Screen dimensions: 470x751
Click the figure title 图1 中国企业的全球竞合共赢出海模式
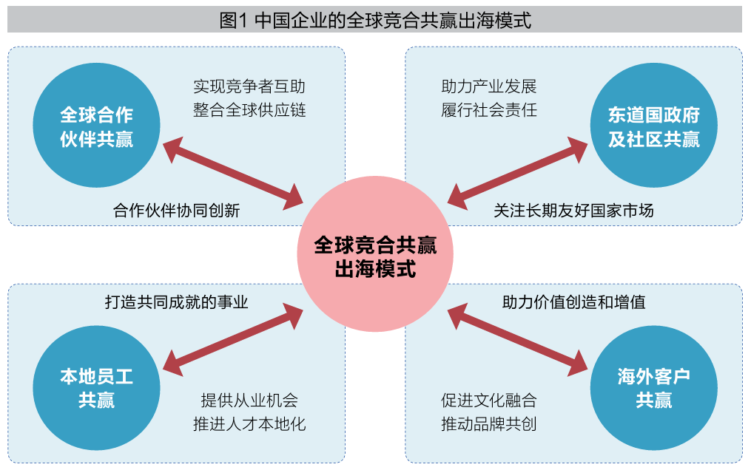click(375, 20)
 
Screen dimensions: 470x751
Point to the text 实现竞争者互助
click(249, 86)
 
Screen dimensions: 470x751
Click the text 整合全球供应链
click(249, 111)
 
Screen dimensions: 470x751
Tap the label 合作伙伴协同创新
click(177, 211)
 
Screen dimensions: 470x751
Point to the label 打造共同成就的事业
click(176, 302)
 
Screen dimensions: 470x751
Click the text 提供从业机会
click(249, 401)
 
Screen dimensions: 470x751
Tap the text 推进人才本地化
click(249, 424)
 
